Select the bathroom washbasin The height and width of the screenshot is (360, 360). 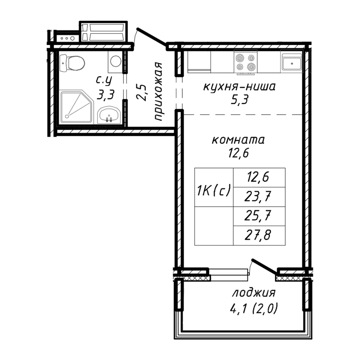click(108, 114)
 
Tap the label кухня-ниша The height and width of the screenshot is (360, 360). click(238, 86)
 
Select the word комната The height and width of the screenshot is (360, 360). click(238, 139)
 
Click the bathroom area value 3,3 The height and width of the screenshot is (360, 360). click(105, 94)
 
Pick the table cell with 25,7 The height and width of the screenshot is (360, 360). click(259, 216)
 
